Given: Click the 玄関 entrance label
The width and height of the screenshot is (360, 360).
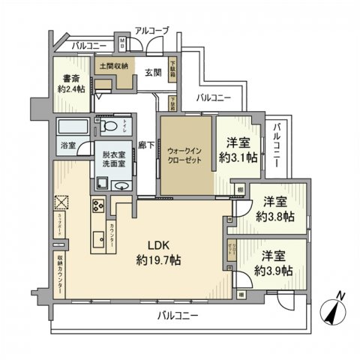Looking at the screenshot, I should (153, 72).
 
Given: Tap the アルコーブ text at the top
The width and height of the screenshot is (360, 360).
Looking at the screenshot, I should (152, 30).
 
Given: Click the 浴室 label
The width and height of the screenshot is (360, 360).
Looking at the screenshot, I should (67, 147).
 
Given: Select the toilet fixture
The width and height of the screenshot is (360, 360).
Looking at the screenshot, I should (109, 127).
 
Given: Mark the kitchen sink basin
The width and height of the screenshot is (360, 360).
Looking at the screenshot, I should (97, 241).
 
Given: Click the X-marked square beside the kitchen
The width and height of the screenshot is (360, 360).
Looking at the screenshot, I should (61, 202).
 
